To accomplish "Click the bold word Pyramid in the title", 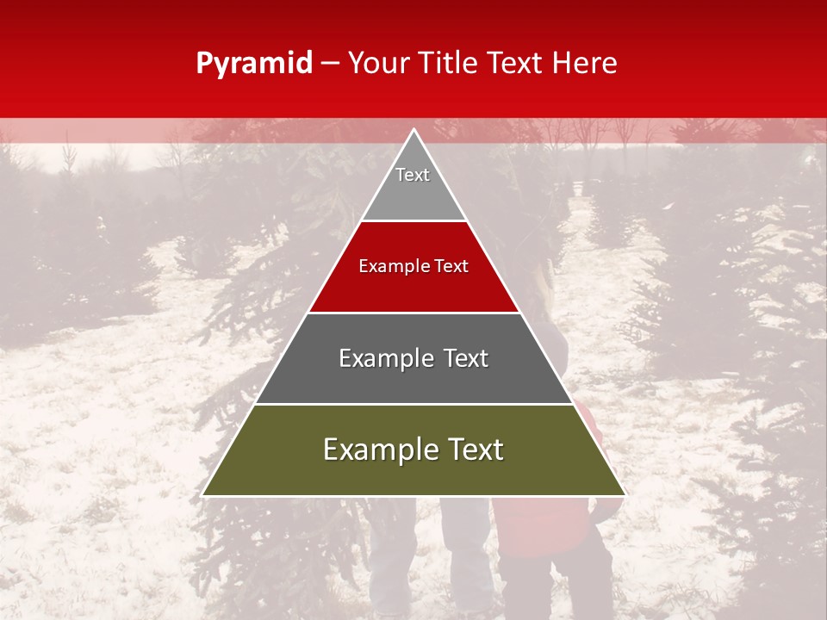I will (254, 64).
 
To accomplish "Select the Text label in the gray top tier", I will (413, 175).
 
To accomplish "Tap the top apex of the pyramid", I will (413, 130).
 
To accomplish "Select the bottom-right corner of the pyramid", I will (624, 495).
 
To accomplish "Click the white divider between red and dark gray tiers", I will (413, 313).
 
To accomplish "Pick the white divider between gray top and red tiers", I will (413, 221).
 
